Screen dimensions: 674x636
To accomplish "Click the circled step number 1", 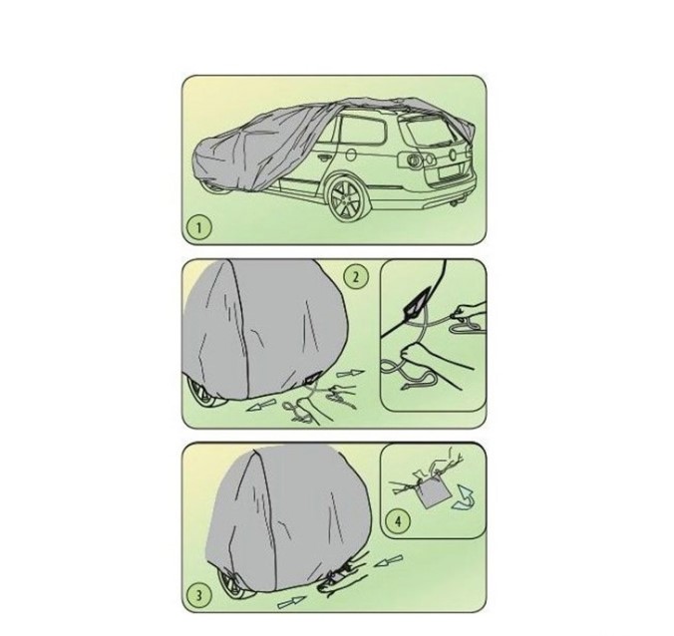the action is click(x=198, y=227).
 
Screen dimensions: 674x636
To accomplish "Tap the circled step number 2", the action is click(x=356, y=277).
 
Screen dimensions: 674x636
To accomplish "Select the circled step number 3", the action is click(x=199, y=595).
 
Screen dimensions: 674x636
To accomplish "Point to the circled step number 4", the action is click(x=398, y=522).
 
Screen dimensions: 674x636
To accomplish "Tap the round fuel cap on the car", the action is click(x=350, y=156).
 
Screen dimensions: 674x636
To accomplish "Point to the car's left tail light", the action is click(x=415, y=159).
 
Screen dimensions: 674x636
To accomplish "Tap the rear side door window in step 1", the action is click(x=362, y=130).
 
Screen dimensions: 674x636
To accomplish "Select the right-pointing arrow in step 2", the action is click(x=350, y=374).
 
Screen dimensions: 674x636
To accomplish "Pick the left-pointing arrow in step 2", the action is click(x=260, y=405).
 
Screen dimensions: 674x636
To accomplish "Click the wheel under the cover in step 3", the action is click(x=232, y=583).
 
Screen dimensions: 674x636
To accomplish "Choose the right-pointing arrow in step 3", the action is click(x=291, y=602).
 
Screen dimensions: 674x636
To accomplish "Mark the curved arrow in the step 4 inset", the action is click(x=464, y=497).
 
